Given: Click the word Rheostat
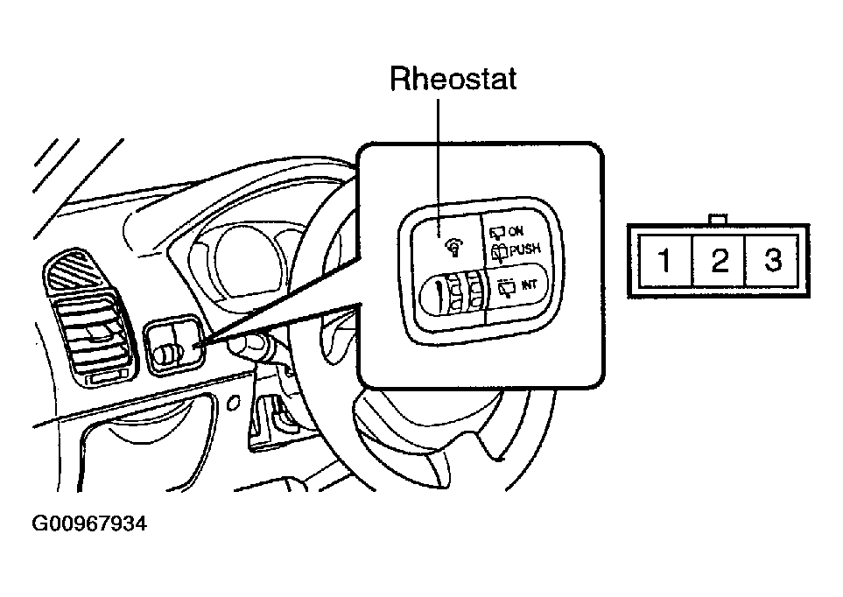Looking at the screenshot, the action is [x=453, y=79].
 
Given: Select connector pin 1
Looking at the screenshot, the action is [x=665, y=260].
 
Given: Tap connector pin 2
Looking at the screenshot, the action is [x=720, y=260].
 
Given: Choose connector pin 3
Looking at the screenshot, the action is [x=773, y=260].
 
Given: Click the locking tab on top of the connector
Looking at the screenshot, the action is [x=719, y=219].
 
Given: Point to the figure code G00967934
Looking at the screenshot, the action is [x=89, y=523].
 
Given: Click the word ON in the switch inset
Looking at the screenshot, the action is [x=515, y=231].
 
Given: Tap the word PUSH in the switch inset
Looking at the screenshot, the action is [x=524, y=249].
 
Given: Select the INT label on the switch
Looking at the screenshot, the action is [x=530, y=284].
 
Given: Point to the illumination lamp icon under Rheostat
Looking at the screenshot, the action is [x=453, y=248].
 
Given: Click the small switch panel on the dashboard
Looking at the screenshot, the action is [x=173, y=345].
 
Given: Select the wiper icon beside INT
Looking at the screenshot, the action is [x=507, y=287].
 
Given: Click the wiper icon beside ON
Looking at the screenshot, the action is [x=498, y=232].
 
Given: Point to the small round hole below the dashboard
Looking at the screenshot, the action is [x=233, y=403].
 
